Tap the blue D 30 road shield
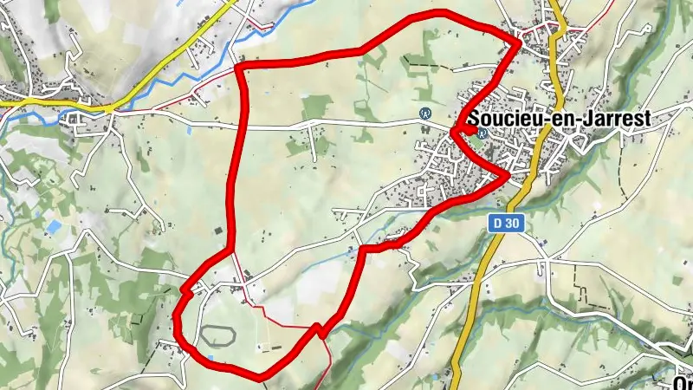click(x=503, y=223)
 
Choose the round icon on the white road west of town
click(x=425, y=113)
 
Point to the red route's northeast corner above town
click(x=519, y=40)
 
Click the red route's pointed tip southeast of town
click(x=508, y=176)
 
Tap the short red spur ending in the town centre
click(x=468, y=131)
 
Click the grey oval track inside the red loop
click(x=217, y=333)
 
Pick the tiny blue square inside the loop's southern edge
click(x=211, y=357)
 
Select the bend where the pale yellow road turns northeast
click(x=112, y=107)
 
